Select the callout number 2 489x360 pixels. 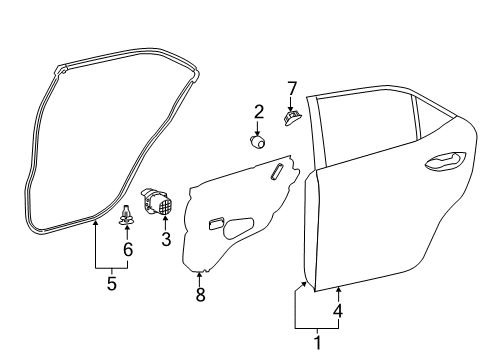tap(258, 111)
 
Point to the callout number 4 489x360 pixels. tap(338, 311)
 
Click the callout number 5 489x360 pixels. tap(111, 283)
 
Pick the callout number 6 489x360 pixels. tap(128, 249)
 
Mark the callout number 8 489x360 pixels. tap(200, 296)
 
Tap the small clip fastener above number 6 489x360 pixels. tap(128, 214)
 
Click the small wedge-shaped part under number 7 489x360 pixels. tap(292, 119)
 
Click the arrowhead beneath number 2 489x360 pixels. tap(258, 131)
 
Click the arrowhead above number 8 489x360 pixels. tap(200, 274)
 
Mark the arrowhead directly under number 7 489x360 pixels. tap(292, 108)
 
